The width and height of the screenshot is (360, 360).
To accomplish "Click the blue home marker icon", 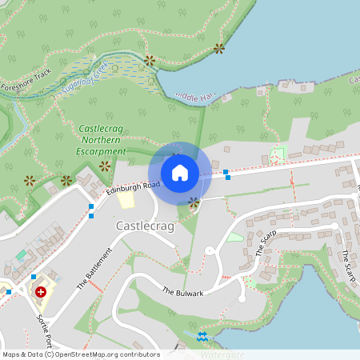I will click(180, 172).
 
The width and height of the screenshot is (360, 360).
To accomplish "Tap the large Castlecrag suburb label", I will click(144, 226).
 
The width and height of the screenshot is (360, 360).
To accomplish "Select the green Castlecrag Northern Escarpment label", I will click(102, 139).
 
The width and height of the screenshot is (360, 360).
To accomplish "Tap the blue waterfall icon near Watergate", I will click(202, 336).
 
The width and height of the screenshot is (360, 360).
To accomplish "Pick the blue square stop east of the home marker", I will click(227, 172).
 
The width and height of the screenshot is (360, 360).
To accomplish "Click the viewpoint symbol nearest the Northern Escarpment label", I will click(104, 166).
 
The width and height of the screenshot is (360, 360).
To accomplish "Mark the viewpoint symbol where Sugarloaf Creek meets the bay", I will click(149, 60).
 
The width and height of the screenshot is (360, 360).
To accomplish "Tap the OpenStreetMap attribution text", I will click(80, 354).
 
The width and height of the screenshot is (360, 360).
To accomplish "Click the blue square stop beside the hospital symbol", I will click(34, 277).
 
